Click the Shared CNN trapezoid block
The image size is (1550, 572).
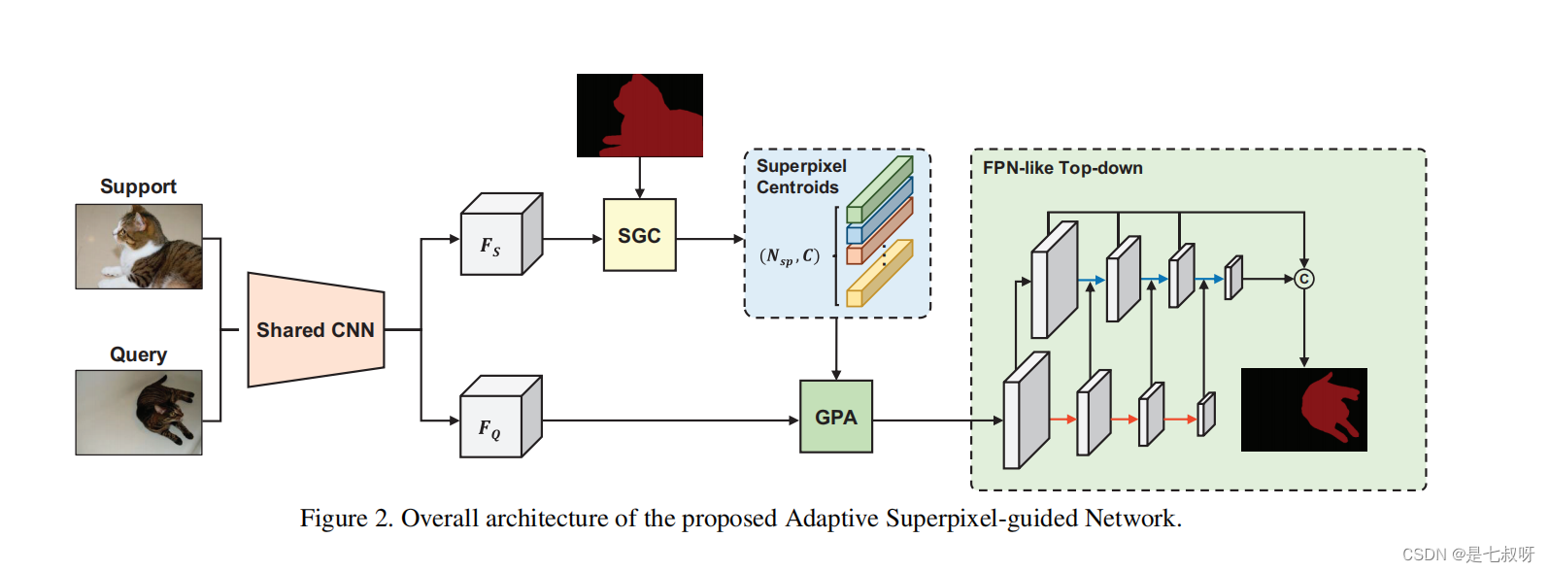coord(316,330)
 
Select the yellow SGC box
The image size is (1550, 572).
coord(639,235)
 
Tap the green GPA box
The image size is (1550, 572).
coord(836,417)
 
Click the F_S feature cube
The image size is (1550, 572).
coord(498,238)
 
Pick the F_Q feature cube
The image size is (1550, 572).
coord(497,420)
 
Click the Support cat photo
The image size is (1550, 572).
coord(139,247)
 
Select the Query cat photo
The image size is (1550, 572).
coord(139,413)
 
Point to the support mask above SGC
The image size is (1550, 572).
coord(639,116)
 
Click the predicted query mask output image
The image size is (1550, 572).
coord(1303,410)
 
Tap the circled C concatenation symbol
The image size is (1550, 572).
coord(1303,280)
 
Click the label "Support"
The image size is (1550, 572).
coord(138,186)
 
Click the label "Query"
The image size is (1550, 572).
coord(138,354)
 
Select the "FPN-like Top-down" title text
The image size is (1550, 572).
coord(1062,168)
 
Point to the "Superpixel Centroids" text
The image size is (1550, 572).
coord(800,177)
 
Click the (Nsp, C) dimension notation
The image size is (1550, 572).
coord(790,256)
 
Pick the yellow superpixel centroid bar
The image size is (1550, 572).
coord(880,273)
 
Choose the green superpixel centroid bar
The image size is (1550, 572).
coord(880,188)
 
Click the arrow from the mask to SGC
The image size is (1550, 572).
coord(639,179)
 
